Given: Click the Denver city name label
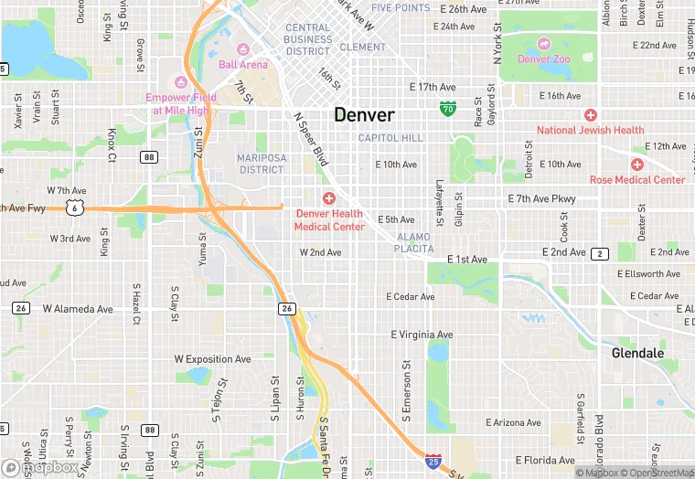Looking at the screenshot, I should tap(364, 115).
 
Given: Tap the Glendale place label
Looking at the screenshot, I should tap(637, 353).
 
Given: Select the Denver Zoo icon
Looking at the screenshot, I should tap(544, 43).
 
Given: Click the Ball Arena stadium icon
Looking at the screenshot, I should tap(242, 49).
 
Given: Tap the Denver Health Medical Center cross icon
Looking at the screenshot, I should tap(328, 198).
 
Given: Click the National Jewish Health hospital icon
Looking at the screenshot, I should tap(591, 115).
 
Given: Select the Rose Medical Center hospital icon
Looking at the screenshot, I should tap(636, 165).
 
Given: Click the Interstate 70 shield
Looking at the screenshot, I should tap(447, 109).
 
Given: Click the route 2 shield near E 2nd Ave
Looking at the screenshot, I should tap(600, 253).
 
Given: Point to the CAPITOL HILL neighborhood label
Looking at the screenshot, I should tap(390, 138).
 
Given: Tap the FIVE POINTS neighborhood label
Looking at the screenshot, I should tap(401, 7).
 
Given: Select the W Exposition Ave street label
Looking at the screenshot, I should tap(212, 360).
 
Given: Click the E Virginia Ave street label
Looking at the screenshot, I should tap(422, 335).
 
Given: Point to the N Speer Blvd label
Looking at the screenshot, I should tap(310, 140).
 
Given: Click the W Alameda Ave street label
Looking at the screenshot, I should tap(78, 309).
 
